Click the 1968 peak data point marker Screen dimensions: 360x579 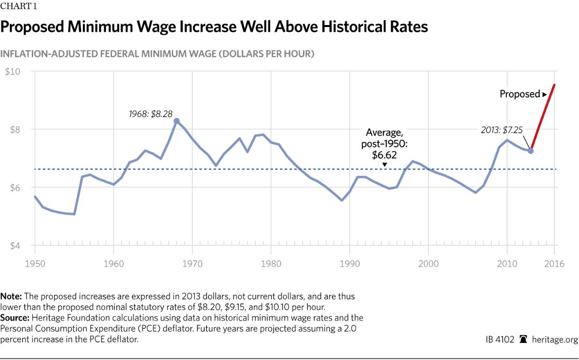[x=177, y=121]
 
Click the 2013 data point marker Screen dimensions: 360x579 [x=531, y=151]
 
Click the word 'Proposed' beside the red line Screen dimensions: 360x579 [x=519, y=94]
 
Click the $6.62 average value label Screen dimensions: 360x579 [x=385, y=154]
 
